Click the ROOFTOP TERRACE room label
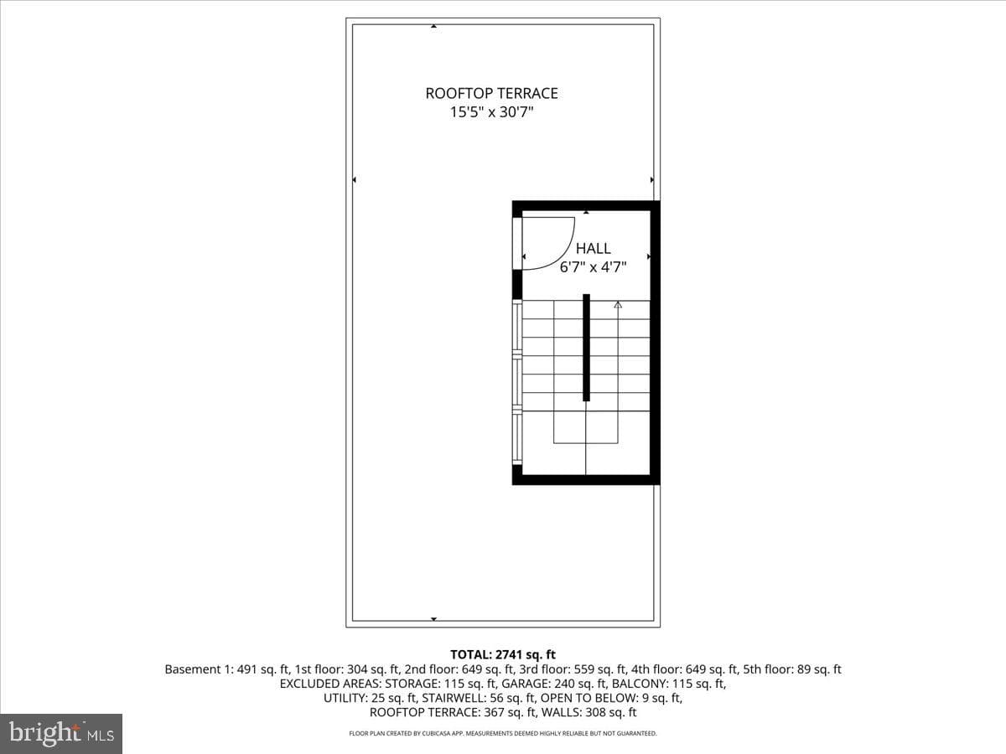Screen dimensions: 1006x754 coord(491,93)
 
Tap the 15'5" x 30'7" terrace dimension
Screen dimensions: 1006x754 coord(491,112)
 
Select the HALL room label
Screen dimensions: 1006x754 coord(593,249)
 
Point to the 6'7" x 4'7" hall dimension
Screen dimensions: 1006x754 coord(593,267)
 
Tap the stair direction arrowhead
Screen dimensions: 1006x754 coord(618,304)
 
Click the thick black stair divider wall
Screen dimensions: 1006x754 coord(586,348)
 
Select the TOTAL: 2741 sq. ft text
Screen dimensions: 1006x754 coord(503,654)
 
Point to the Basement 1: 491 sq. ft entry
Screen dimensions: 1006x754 coord(228,669)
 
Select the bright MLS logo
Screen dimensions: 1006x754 coord(61,733)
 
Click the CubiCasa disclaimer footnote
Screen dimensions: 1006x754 coord(503,734)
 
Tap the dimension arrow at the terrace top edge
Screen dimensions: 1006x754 coord(433,26)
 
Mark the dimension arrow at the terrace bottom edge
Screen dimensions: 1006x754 coord(433,619)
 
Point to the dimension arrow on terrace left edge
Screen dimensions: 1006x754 coord(355,180)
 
